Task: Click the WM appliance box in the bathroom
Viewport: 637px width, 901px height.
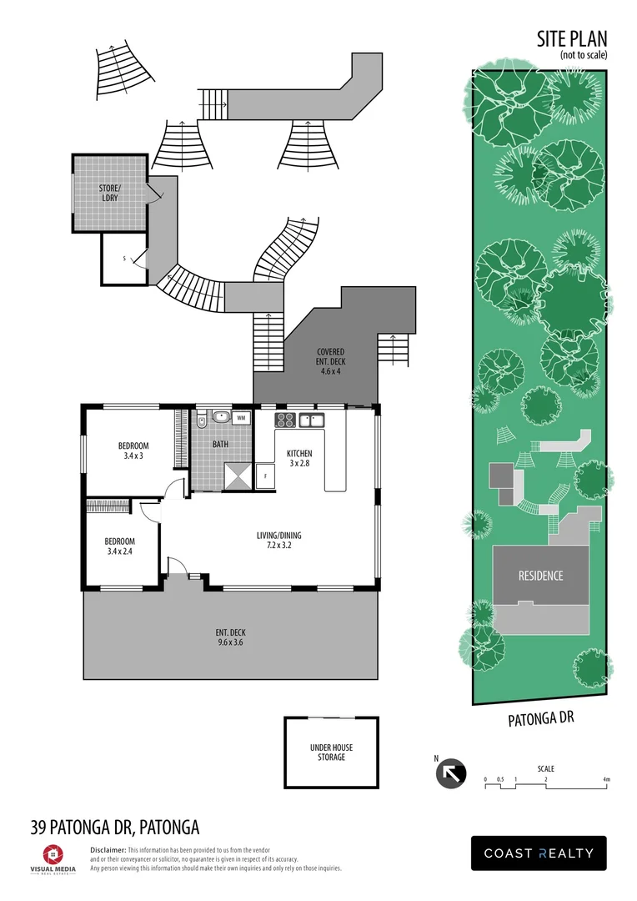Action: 241,417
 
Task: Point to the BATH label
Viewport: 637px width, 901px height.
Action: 220,445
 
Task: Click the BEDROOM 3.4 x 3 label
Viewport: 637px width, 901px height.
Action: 133,450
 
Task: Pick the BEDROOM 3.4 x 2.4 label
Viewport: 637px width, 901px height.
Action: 120,546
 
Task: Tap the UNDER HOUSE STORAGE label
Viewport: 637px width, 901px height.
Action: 330,752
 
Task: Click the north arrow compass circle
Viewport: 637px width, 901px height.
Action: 451,773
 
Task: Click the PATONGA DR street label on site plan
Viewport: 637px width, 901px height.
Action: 542,718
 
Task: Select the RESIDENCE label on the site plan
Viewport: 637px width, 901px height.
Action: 540,576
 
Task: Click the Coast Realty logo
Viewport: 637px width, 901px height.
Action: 539,853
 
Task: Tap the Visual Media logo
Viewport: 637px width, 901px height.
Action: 52,857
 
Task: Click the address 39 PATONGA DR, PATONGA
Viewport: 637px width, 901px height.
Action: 115,828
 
